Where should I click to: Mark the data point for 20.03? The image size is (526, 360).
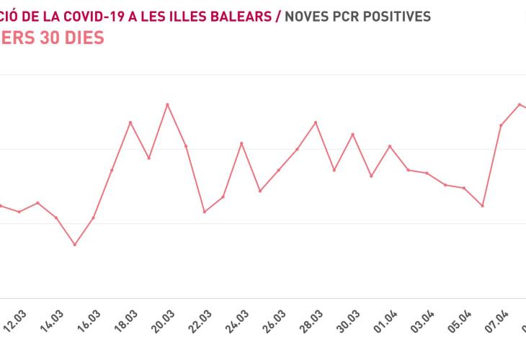(x=167, y=104)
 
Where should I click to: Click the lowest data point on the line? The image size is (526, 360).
(x=74, y=245)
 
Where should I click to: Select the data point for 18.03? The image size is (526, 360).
(x=130, y=122)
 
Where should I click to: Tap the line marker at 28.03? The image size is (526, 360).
(x=316, y=122)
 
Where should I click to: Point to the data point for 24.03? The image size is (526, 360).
(x=241, y=143)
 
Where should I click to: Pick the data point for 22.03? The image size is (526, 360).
(x=205, y=212)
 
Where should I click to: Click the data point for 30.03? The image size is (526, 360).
(x=352, y=134)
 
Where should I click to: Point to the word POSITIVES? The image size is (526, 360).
(x=395, y=16)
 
